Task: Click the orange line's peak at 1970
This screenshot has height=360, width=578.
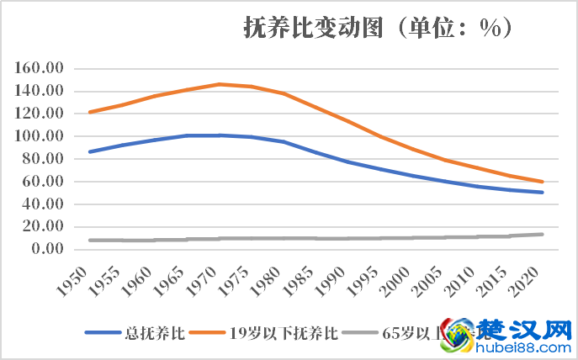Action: point(219,84)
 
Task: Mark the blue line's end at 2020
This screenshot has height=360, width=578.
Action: point(543,193)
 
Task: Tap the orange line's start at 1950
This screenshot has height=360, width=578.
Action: point(89,112)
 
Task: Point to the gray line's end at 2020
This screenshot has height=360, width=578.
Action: point(543,234)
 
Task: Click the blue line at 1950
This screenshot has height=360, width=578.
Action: point(89,151)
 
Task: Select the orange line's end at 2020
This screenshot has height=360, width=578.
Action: point(543,182)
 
